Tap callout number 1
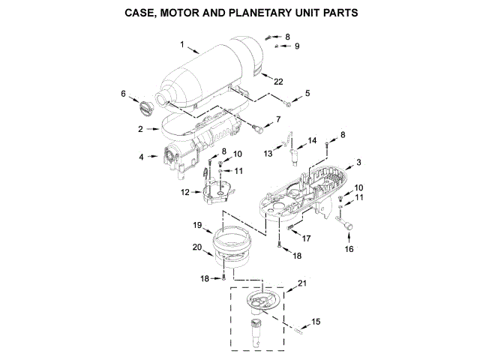[x=182, y=44]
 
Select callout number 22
[x=278, y=80]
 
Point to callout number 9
[x=296, y=46]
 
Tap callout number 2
[x=140, y=130]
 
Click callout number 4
[x=140, y=157]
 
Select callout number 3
[x=358, y=162]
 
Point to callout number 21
[x=302, y=283]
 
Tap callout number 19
[x=197, y=224]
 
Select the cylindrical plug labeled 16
[x=347, y=224]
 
